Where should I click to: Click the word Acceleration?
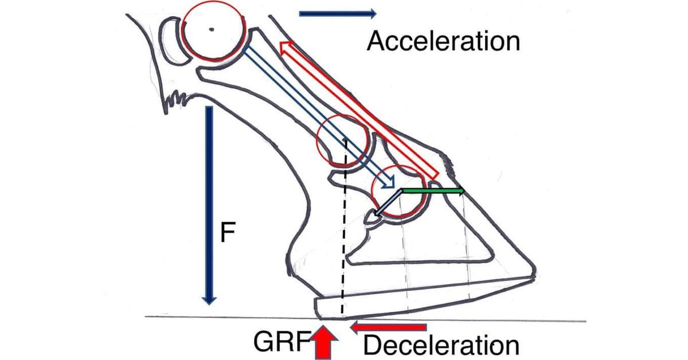443,41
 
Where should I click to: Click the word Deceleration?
441,346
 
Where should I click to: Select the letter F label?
226,236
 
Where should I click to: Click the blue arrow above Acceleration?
337,13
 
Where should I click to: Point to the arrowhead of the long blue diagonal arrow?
390,184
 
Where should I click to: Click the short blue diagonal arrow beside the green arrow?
387,204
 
